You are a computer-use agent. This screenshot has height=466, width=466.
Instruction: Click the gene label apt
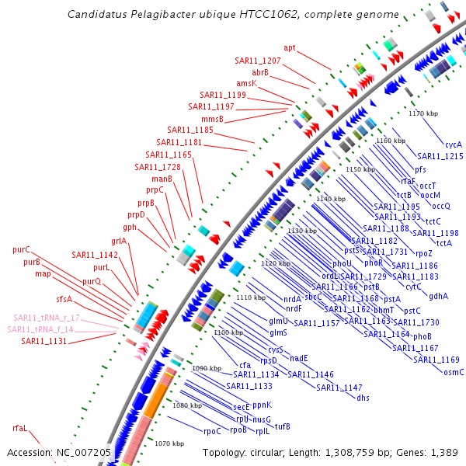click(x=290, y=48)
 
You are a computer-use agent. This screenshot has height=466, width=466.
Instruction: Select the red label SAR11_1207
click(x=258, y=61)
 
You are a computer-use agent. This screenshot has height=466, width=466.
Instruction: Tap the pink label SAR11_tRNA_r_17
click(x=46, y=318)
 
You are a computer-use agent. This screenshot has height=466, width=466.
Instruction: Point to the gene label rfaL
click(x=19, y=428)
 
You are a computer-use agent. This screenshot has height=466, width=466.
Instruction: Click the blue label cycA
click(x=454, y=144)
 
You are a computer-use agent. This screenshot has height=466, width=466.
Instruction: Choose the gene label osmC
click(x=454, y=372)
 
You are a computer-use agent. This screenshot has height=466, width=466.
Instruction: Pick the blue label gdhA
click(x=438, y=296)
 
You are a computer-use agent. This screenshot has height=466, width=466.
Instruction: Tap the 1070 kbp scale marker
click(x=169, y=443)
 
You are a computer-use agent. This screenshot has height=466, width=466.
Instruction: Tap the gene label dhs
click(x=363, y=398)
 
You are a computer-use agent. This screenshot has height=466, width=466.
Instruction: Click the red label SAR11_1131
click(x=43, y=341)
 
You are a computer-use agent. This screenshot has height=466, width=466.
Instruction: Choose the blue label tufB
click(x=282, y=426)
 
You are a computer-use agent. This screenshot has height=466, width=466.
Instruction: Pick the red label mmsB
click(x=212, y=119)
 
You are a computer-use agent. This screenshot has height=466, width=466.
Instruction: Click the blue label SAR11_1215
click(x=440, y=156)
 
